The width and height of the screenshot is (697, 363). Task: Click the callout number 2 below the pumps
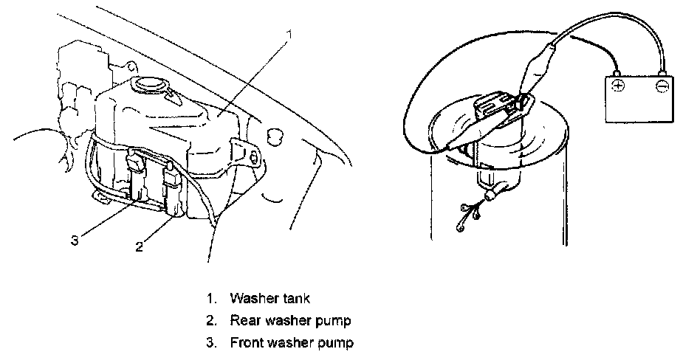[138, 246]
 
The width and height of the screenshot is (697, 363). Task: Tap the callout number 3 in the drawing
[75, 238]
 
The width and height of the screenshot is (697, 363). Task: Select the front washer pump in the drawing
[138, 177]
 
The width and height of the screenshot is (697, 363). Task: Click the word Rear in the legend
[244, 321]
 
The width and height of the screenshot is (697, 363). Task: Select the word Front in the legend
[246, 342]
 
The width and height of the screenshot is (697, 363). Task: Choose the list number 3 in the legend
[210, 342]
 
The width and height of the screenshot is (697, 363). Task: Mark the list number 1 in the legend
[210, 299]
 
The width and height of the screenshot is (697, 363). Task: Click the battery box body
[640, 100]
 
